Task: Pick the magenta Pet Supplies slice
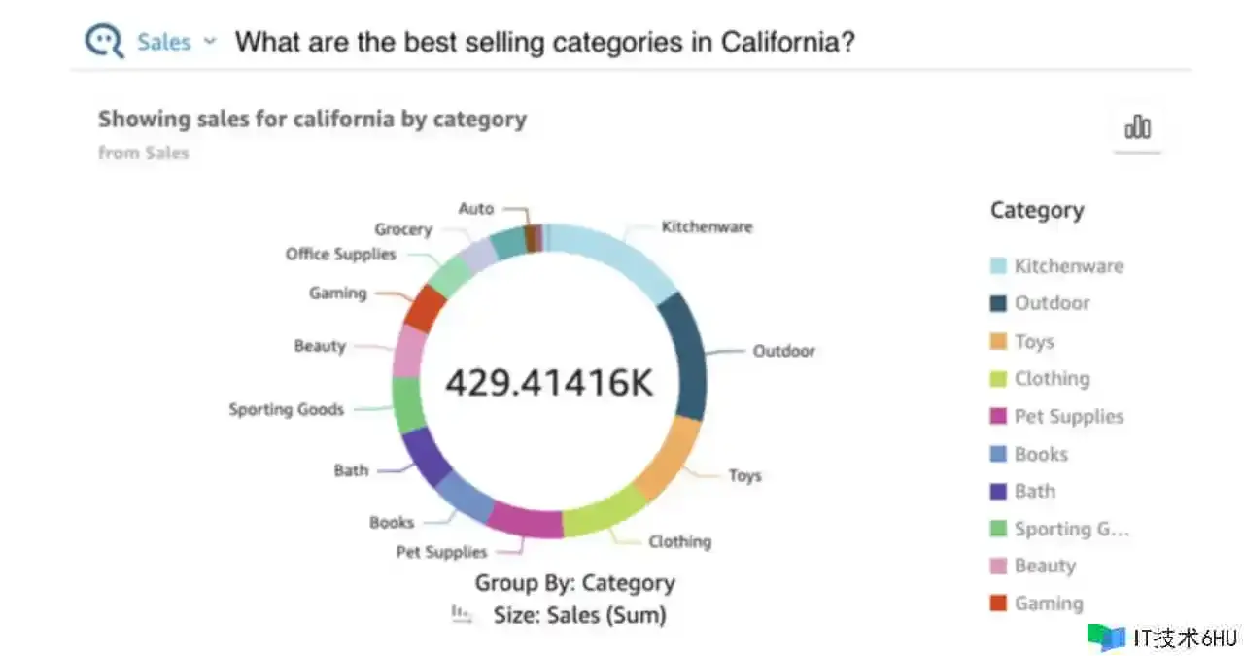coord(525,519)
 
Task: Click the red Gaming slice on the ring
coord(425,309)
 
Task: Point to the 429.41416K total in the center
coord(549,382)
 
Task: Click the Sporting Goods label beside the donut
coord(286,409)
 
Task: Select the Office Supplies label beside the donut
coord(340,254)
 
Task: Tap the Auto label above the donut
coord(476,208)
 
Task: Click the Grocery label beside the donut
coord(402,229)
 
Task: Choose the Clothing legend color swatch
coord(998,379)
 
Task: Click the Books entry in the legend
coord(1041,454)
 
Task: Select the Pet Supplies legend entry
coord(1068,416)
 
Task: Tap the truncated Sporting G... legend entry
coord(1071,529)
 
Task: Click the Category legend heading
coord(1036,210)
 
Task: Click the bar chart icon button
coord(1137,127)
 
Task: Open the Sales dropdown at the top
coord(176,42)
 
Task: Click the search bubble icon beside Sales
coord(104,41)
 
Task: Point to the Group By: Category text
coord(574,583)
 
